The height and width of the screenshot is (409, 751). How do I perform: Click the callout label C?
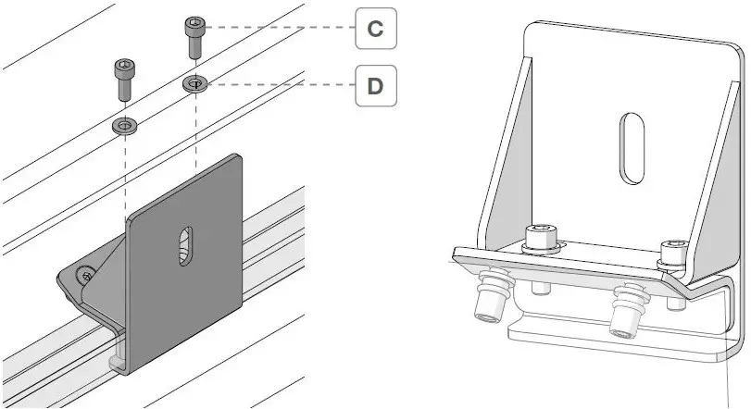pos(375,29)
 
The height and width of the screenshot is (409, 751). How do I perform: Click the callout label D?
pos(375,87)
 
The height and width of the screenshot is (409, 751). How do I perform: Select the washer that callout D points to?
pos(194,84)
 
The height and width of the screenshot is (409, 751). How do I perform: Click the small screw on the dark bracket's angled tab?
pos(86,273)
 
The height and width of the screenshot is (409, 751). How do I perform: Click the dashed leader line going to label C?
pos(278,28)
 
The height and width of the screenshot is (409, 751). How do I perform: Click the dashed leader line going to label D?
pos(278,86)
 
